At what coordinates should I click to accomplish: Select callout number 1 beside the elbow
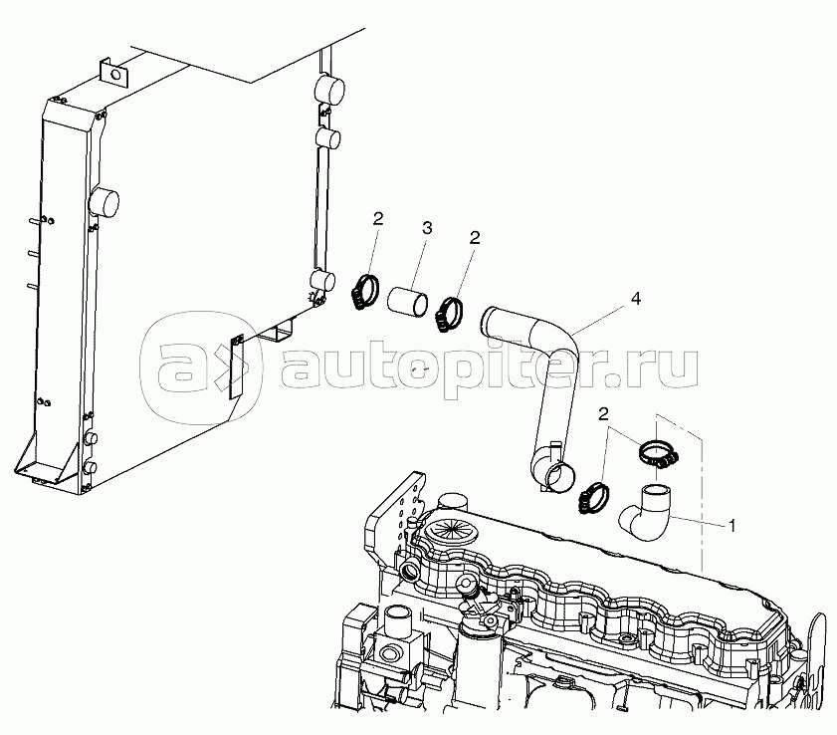pyautogui.click(x=732, y=524)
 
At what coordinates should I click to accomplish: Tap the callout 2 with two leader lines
pyautogui.click(x=603, y=413)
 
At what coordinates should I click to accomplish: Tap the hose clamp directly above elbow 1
pyautogui.click(x=658, y=454)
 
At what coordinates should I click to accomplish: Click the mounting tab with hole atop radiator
pyautogui.click(x=111, y=73)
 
